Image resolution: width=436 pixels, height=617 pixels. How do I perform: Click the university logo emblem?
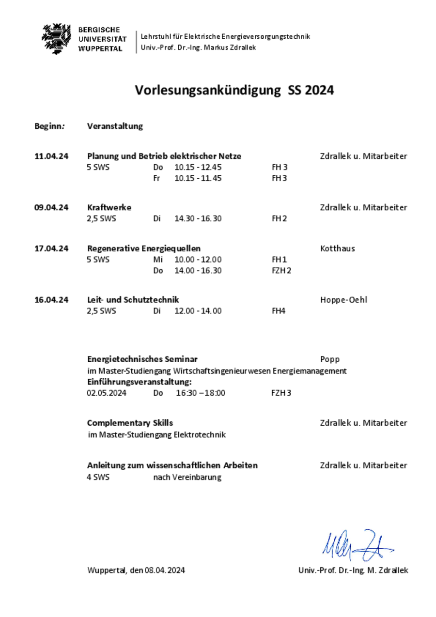point(57,38)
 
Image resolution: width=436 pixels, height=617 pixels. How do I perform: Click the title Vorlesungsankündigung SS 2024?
point(234,90)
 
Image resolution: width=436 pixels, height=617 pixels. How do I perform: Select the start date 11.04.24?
point(51,156)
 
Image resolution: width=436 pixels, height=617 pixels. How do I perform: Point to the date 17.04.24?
point(51,248)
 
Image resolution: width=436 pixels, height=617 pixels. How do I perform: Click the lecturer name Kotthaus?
point(337,248)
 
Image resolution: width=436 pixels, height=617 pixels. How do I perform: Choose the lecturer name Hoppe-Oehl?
point(343,300)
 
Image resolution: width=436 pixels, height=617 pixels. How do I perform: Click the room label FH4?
point(279,311)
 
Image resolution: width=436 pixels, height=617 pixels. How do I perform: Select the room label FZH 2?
point(281,271)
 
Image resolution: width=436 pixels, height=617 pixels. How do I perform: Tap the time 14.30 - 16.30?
point(198,218)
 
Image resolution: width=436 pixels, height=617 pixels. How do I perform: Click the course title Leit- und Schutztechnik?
point(133,300)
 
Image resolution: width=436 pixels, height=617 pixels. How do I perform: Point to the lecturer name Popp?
point(329,359)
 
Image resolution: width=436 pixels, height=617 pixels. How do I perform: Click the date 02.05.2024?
point(107,393)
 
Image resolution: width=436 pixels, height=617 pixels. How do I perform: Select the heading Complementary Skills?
point(130,423)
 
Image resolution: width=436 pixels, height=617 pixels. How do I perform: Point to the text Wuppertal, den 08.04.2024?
point(136,571)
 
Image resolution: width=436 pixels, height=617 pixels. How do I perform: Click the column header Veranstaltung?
point(115,126)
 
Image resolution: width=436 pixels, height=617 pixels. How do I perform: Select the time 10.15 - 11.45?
point(198,178)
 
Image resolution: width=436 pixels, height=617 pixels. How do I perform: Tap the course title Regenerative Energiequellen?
point(143,248)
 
